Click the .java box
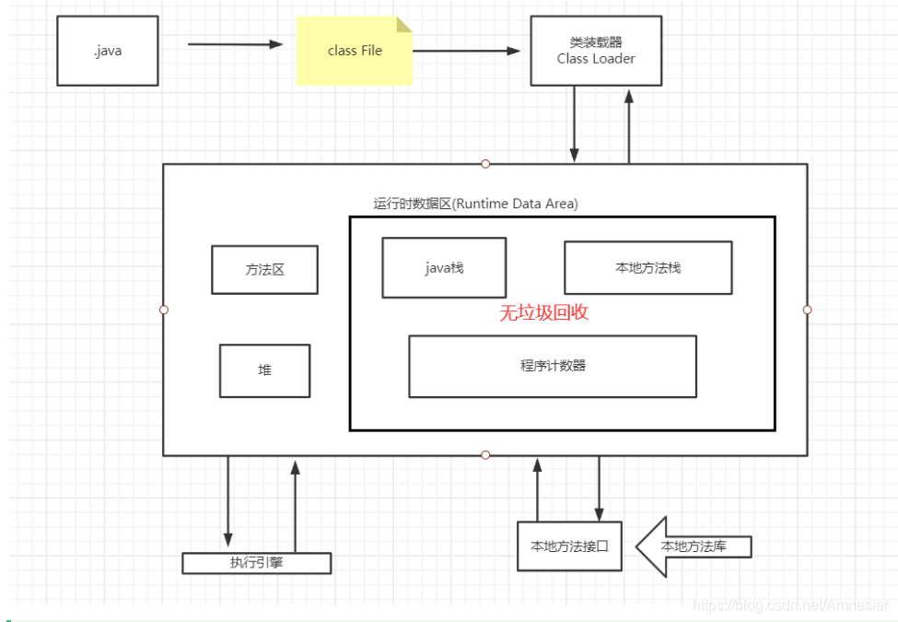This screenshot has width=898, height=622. tap(107, 51)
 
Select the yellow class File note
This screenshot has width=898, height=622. tap(354, 51)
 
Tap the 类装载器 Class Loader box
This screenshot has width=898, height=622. tap(595, 51)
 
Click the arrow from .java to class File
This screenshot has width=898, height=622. tap(235, 43)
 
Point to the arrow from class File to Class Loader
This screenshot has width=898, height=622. tap(466, 51)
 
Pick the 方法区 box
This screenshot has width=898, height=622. tap(264, 270)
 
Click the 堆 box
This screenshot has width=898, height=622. tap(264, 370)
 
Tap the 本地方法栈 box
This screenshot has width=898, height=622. tap(647, 268)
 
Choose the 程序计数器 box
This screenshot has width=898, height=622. tap(553, 366)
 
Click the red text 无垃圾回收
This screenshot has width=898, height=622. tap(543, 312)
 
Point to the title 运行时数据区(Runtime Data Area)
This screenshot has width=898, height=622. tap(475, 204)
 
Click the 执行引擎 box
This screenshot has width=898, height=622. tap(256, 562)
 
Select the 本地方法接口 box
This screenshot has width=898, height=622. tap(569, 546)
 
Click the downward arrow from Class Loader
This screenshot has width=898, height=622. tap(575, 124)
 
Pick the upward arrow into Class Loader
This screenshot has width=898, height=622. tap(629, 124)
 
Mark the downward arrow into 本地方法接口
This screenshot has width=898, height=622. tap(600, 488)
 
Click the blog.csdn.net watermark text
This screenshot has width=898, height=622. tap(789, 604)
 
